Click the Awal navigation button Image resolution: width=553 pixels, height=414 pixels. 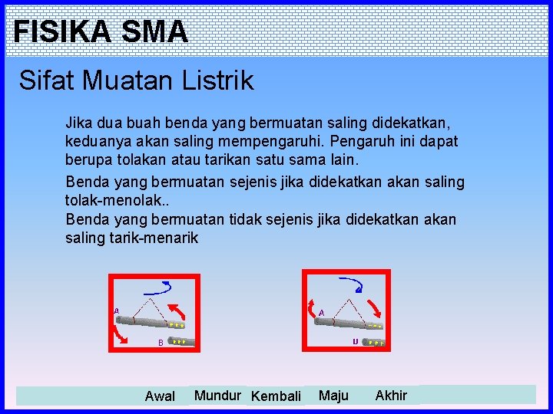coord(160,396)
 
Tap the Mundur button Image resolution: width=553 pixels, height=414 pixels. coord(217,396)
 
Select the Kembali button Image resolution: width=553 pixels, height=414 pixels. coord(276,396)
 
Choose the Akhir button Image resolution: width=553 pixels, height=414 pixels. coord(391,396)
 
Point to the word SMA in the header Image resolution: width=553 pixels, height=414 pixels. coord(154,31)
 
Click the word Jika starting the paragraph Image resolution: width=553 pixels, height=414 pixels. coord(78,123)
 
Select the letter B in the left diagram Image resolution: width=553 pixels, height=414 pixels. coord(161,343)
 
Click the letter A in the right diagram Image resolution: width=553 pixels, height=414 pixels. coord(321,312)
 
